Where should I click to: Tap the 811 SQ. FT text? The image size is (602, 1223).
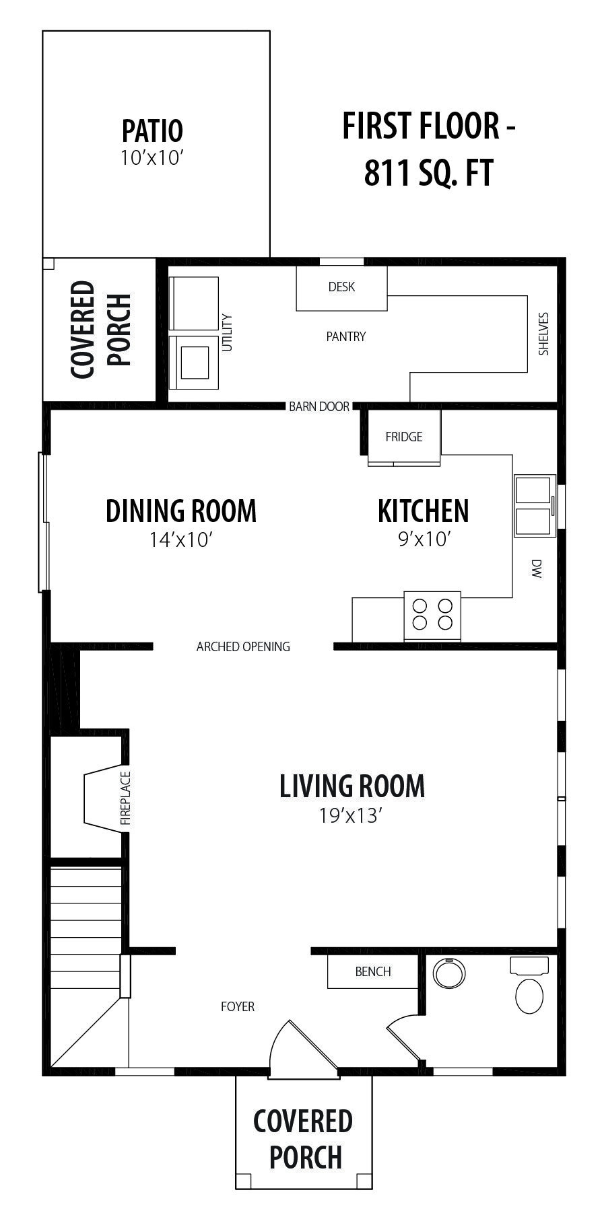[x=429, y=173]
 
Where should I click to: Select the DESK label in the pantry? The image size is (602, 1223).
[x=341, y=287]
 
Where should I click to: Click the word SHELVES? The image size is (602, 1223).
[x=543, y=334]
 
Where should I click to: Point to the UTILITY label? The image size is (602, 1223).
[x=227, y=333]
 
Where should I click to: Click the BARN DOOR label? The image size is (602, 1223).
[x=319, y=406]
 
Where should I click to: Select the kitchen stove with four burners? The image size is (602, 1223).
[x=432, y=616]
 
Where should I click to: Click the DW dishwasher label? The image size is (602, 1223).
[x=537, y=569]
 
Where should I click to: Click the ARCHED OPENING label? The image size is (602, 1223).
[x=243, y=646]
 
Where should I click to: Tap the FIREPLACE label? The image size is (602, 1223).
[x=125, y=799]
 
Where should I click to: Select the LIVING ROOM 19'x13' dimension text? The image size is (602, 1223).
[x=352, y=816]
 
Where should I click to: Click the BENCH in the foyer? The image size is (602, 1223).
[x=372, y=971]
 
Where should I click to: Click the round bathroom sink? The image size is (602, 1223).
[x=449, y=973]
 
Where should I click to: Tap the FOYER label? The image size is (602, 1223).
[x=238, y=1006]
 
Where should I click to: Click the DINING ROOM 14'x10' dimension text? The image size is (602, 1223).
[x=181, y=540]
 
